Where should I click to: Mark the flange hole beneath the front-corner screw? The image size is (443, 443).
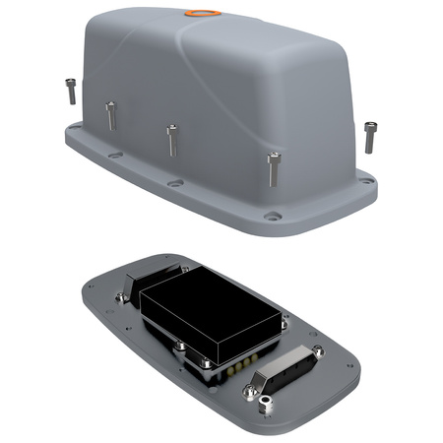click(274, 216)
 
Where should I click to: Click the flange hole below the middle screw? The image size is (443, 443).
click(174, 183)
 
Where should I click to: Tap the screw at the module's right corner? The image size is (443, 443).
click(285, 316)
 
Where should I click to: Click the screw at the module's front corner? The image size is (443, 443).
click(181, 347)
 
